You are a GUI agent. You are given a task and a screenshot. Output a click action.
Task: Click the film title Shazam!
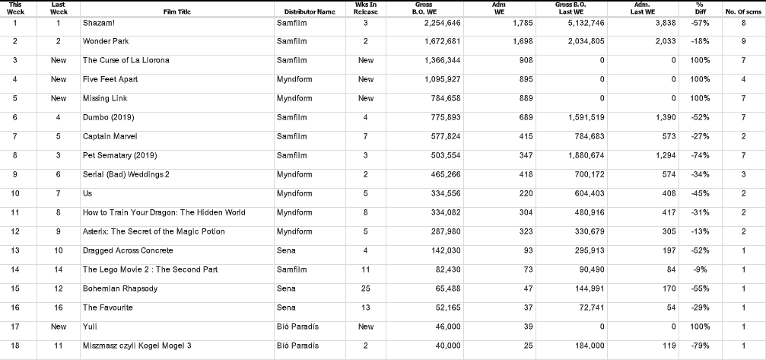(100, 23)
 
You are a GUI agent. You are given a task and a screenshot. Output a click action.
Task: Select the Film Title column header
(176, 12)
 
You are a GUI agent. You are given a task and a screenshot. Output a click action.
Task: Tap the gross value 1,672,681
(442, 41)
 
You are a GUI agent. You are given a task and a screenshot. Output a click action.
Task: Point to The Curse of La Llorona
(126, 60)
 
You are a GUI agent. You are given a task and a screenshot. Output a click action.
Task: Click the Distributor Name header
(310, 12)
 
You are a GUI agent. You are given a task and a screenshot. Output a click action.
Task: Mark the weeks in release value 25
(366, 288)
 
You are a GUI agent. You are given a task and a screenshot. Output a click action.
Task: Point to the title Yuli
(90, 327)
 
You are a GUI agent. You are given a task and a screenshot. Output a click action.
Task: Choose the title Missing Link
(105, 98)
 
